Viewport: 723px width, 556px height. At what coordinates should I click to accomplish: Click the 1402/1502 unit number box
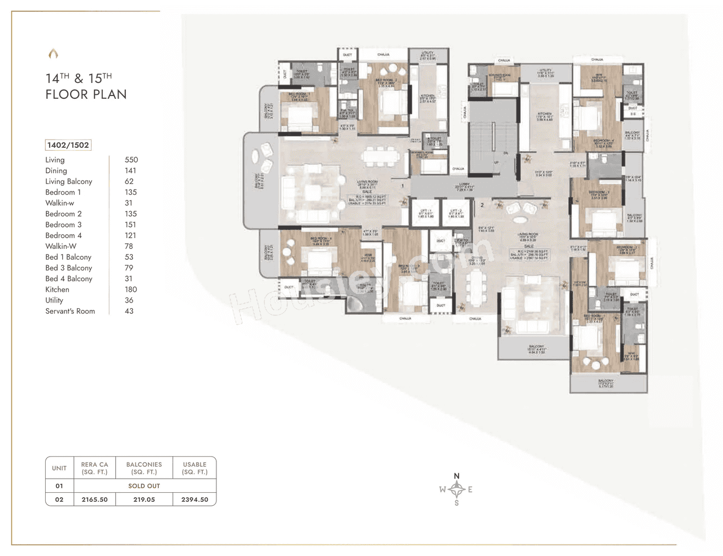click(x=68, y=145)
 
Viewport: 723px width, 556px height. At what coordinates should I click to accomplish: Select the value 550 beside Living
click(x=131, y=160)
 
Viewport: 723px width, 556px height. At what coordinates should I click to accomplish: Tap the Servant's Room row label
click(x=70, y=311)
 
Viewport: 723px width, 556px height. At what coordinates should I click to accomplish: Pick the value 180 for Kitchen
click(x=130, y=290)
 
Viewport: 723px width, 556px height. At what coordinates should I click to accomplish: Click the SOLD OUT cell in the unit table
click(x=144, y=485)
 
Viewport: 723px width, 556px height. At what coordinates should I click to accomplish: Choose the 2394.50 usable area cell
click(x=194, y=500)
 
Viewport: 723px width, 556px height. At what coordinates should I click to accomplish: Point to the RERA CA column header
click(x=94, y=468)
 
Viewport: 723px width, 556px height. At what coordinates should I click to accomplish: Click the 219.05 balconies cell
click(x=144, y=500)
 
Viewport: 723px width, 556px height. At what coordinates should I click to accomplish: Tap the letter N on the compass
click(x=457, y=476)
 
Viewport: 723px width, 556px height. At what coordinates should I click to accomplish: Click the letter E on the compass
click(x=470, y=489)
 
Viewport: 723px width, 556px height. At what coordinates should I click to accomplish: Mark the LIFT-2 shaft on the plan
click(x=456, y=214)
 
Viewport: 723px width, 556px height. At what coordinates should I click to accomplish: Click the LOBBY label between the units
click(x=464, y=186)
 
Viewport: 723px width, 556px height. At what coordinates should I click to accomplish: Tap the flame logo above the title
click(x=53, y=54)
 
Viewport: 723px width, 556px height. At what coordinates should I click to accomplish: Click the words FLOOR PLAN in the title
click(x=86, y=94)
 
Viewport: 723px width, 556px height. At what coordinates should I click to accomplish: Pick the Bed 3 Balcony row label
click(x=68, y=268)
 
